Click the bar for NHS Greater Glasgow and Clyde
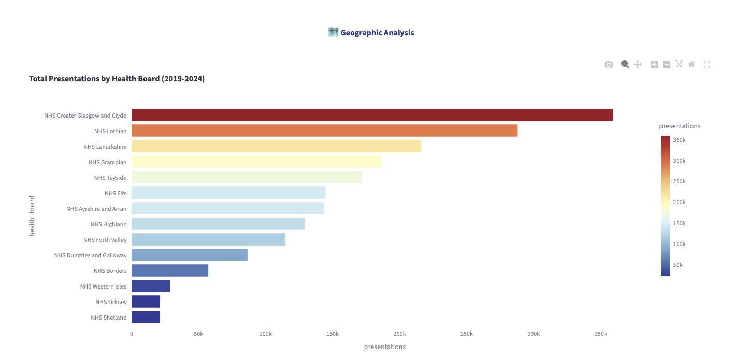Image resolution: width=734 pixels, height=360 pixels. [x=372, y=115]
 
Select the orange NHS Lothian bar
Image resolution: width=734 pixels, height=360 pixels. [x=324, y=131]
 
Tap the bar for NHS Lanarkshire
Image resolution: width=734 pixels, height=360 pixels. [x=276, y=146]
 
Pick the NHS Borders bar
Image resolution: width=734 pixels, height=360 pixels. [x=170, y=270]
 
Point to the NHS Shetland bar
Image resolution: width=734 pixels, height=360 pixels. [x=146, y=317]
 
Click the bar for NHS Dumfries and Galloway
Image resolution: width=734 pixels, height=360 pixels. [x=189, y=255]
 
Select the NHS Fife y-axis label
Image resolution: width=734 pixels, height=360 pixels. [x=115, y=193]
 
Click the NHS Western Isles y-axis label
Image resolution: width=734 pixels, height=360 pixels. [x=103, y=286]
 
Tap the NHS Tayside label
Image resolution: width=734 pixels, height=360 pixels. [x=110, y=178]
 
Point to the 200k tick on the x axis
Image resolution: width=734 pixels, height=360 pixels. [x=399, y=334]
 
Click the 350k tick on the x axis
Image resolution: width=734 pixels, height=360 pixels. [x=600, y=334]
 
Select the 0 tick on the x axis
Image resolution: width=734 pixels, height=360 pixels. [x=132, y=334]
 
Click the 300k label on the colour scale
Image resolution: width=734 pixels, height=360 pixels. [x=679, y=161]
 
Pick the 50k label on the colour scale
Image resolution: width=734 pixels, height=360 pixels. [x=678, y=265]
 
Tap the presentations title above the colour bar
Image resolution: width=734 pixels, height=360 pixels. [x=680, y=126]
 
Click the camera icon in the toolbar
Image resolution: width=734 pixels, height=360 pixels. [x=609, y=64]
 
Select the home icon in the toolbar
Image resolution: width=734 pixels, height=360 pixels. [x=691, y=64]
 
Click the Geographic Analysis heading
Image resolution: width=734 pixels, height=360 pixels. [x=377, y=33]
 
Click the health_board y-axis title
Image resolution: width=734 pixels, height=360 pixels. [x=32, y=216]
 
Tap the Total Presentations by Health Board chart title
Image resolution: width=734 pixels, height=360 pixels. [x=117, y=79]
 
